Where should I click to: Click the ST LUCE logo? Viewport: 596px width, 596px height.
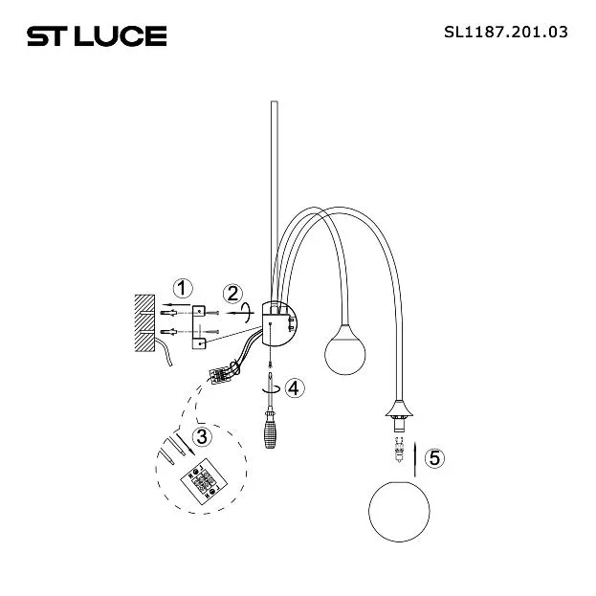(x=97, y=36)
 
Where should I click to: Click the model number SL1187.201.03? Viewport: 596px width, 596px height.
(x=505, y=32)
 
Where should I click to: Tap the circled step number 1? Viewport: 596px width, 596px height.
(x=183, y=289)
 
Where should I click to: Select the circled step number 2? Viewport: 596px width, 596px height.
(x=232, y=294)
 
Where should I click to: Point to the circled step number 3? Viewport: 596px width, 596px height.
(x=202, y=436)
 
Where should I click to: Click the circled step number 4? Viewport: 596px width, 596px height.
(x=295, y=388)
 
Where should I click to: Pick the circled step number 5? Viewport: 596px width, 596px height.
(x=434, y=457)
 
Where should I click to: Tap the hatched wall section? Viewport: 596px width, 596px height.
(x=144, y=322)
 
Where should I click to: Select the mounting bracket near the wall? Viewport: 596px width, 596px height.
(x=198, y=327)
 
